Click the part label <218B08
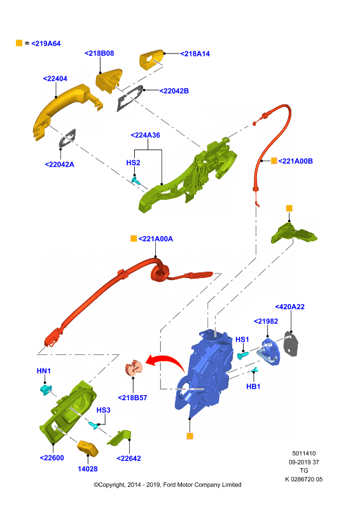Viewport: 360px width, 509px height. [x=99, y=53]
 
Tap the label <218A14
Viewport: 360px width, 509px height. [x=195, y=54]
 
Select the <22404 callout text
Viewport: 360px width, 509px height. [x=55, y=78]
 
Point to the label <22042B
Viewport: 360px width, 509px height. [x=174, y=91]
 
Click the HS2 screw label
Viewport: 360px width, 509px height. [x=133, y=162]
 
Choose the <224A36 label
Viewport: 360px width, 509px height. [x=146, y=135]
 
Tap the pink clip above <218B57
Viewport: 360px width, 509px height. [x=134, y=368]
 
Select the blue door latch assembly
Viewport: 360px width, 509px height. [x=204, y=373]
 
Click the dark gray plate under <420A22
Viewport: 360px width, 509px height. [x=291, y=344]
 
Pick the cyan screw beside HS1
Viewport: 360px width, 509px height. [x=242, y=355]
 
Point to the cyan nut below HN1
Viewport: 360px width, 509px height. [x=46, y=389]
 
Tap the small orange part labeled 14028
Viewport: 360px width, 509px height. [x=87, y=449]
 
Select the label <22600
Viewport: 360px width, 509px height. [x=52, y=457]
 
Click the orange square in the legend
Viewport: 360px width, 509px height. [x=19, y=43]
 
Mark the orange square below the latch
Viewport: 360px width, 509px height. [x=190, y=436]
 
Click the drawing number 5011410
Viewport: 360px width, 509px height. [x=304, y=454]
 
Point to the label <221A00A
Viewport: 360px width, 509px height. [x=156, y=239]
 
